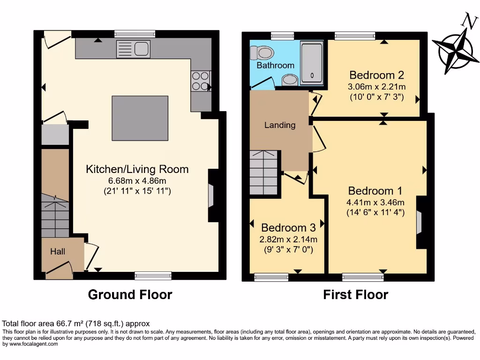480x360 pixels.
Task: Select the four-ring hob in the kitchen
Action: click(200, 81)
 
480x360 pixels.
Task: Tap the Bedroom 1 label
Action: click(375, 191)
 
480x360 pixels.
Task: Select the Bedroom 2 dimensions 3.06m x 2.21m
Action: click(376, 87)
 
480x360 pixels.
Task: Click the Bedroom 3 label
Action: click(288, 228)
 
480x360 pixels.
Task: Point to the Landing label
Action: click(280, 125)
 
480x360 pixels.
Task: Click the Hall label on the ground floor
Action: click(58, 252)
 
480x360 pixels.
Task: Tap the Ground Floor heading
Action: click(130, 295)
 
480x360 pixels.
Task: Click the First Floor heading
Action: click(355, 295)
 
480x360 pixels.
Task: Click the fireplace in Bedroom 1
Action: click(420, 222)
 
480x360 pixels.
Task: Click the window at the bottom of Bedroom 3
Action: click(271, 277)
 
